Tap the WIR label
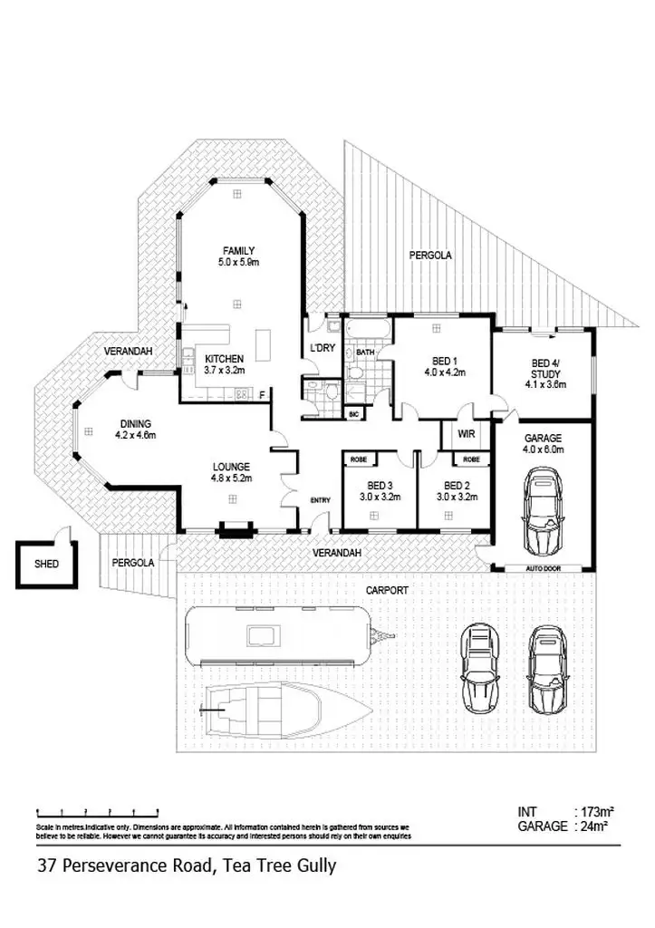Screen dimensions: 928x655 tap(467, 434)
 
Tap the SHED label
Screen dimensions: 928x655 tap(47, 563)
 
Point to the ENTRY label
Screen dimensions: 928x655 tap(321, 500)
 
